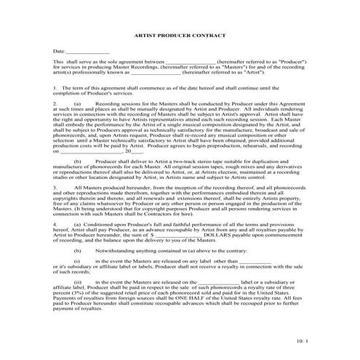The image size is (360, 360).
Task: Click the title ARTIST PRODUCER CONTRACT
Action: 180,34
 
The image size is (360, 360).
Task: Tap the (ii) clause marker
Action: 78,280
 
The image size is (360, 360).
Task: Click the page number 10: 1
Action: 303,341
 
